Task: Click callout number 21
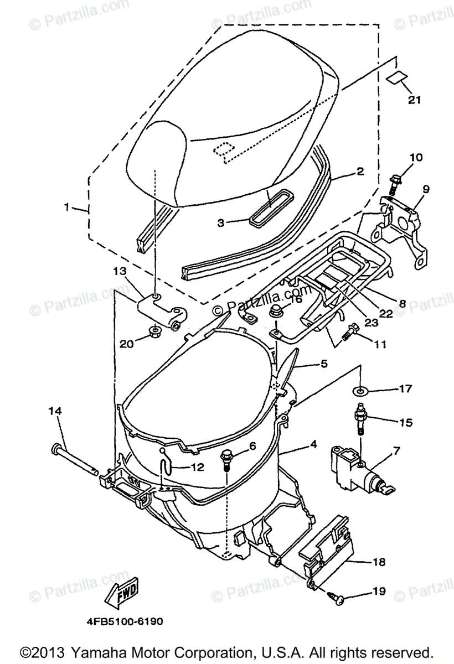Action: click(x=415, y=100)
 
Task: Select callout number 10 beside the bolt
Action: click(x=415, y=158)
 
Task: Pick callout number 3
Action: click(x=220, y=222)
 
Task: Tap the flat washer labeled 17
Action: click(x=361, y=391)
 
